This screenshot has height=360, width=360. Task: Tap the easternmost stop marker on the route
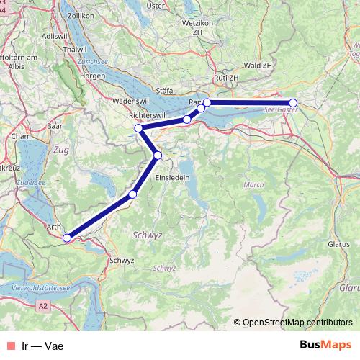[293, 102]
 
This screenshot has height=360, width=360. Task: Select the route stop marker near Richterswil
[139, 128]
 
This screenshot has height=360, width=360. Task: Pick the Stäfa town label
[166, 91]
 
